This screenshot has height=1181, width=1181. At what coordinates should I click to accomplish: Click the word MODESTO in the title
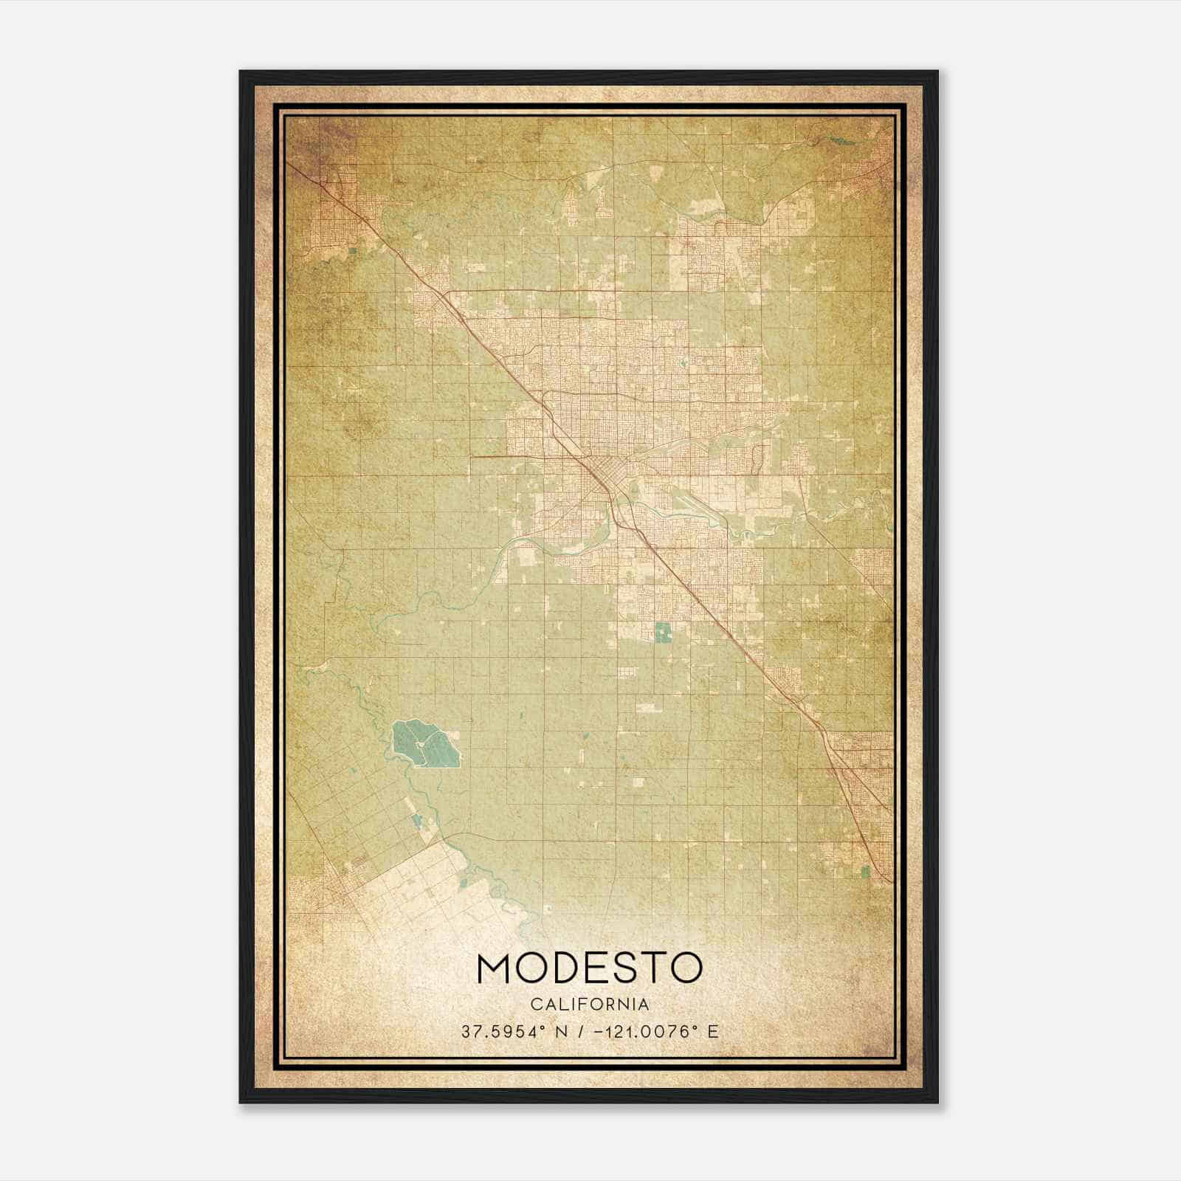tap(590, 968)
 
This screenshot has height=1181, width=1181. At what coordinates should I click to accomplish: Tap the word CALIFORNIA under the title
tap(590, 1004)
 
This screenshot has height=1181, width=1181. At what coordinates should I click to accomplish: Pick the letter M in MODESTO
tap(496, 968)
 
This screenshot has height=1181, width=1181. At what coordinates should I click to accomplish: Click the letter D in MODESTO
tap(559, 968)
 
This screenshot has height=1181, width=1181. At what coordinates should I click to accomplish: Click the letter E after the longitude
tap(712, 1032)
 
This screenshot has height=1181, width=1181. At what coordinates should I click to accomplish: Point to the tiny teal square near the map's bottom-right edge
tap(865, 872)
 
